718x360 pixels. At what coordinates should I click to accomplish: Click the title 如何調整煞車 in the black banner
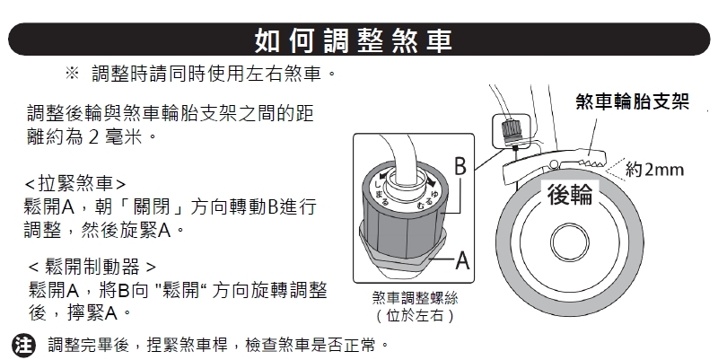point(353,40)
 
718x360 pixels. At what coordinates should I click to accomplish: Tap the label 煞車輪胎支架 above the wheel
point(633,101)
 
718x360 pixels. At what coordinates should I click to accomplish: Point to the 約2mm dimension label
point(654,170)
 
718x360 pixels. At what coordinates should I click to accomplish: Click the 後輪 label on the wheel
point(570,194)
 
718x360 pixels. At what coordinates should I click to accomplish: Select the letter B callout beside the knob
point(460,167)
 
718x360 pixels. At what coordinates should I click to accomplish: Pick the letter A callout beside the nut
point(462,260)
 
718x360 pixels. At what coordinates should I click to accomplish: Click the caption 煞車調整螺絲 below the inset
point(415,298)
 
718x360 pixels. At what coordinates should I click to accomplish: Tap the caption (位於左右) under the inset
point(415,316)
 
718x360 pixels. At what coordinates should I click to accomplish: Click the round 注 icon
point(23,345)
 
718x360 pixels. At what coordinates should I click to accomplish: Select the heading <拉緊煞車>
point(75,184)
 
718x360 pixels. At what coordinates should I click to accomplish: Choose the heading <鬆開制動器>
point(92,266)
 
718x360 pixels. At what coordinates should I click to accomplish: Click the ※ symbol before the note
point(72,73)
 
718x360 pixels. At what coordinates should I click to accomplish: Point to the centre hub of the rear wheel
point(570,241)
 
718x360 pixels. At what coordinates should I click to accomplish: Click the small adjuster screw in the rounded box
point(509,130)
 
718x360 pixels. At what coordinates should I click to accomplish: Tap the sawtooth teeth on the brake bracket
point(591,162)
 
